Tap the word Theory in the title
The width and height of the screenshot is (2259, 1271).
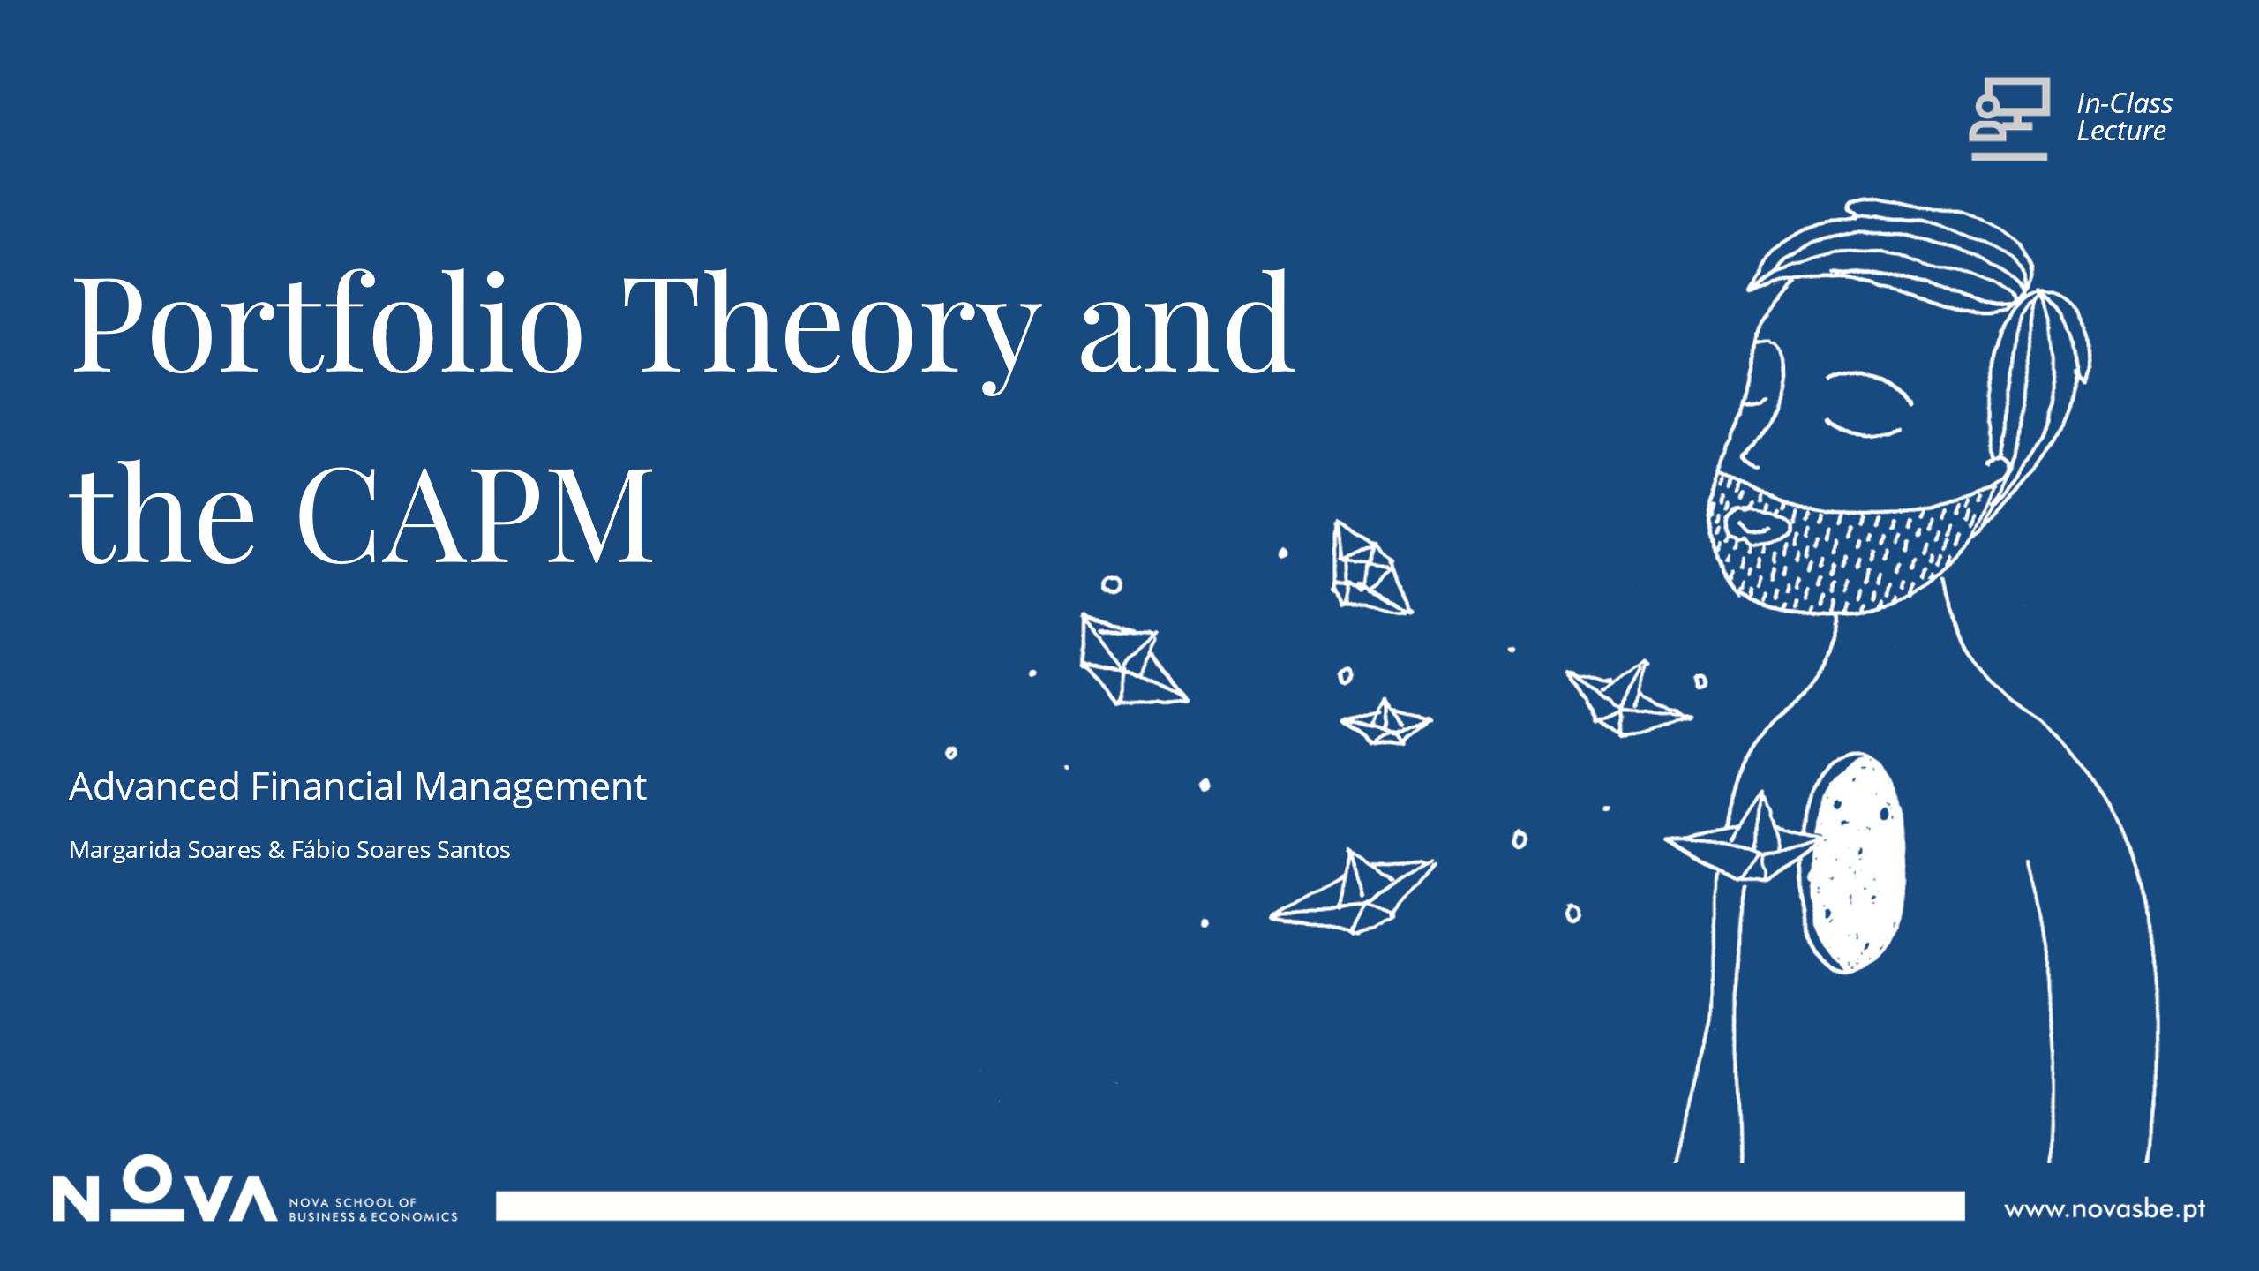831,331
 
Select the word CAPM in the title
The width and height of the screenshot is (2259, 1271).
475,515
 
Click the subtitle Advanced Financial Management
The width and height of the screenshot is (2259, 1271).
357,786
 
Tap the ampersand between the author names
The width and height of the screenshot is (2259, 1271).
276,849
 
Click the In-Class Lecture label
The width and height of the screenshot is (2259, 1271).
2124,117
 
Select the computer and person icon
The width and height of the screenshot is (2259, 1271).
2009,118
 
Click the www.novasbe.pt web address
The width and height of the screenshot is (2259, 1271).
2105,1208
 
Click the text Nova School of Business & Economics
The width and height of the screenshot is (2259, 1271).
373,1209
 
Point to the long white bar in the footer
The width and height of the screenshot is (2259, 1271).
1230,1206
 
